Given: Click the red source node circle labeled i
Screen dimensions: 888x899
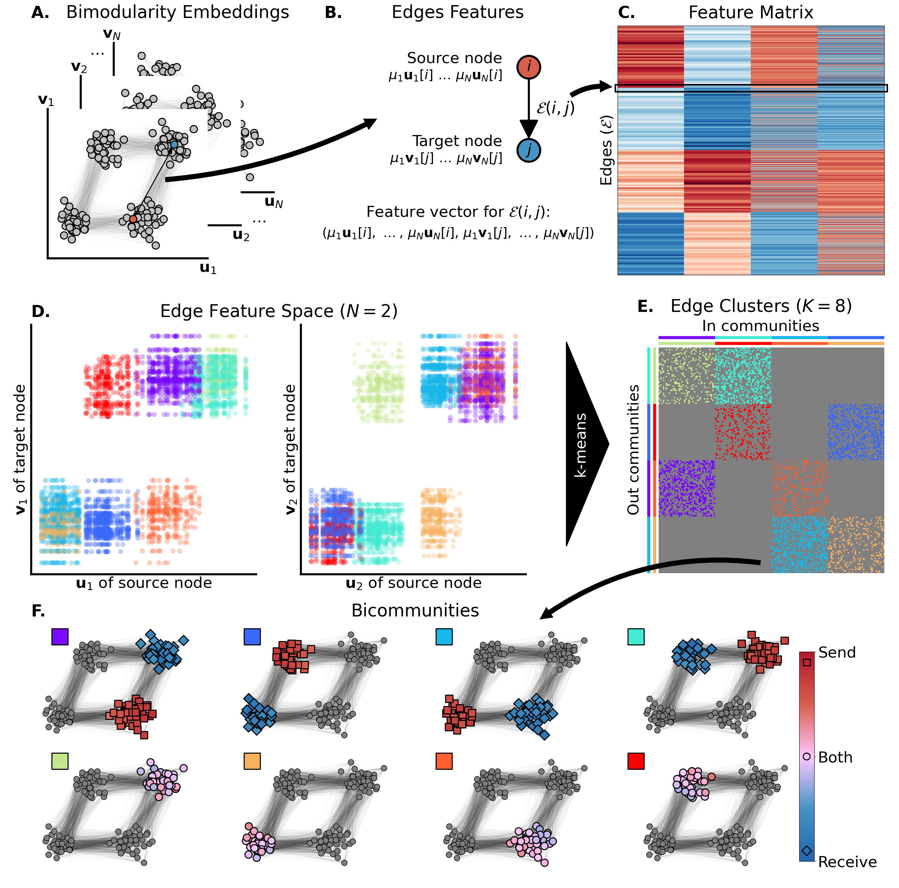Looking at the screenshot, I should pyautogui.click(x=529, y=67).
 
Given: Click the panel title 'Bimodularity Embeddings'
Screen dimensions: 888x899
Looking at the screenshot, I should pyautogui.click(x=177, y=12).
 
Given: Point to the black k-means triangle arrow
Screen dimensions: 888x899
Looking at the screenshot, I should pyautogui.click(x=584, y=444).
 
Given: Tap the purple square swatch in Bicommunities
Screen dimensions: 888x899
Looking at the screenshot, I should pyautogui.click(x=60, y=636).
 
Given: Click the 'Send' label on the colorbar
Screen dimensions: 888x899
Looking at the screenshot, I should pyautogui.click(x=837, y=652).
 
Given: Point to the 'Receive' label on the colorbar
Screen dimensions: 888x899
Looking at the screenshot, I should pyautogui.click(x=847, y=862).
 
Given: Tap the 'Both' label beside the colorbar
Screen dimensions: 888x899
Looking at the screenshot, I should pyautogui.click(x=835, y=757).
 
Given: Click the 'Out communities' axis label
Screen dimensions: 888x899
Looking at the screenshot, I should pyautogui.click(x=633, y=450).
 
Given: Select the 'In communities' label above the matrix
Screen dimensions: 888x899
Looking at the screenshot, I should pyautogui.click(x=760, y=326).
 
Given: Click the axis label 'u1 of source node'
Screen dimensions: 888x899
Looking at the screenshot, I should pyautogui.click(x=144, y=583).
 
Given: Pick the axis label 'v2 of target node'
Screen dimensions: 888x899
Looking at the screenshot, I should pyautogui.click(x=290, y=450).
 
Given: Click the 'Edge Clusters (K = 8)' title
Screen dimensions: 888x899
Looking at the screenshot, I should pyautogui.click(x=761, y=306).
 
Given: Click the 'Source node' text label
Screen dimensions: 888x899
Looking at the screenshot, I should pyautogui.click(x=454, y=58).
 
